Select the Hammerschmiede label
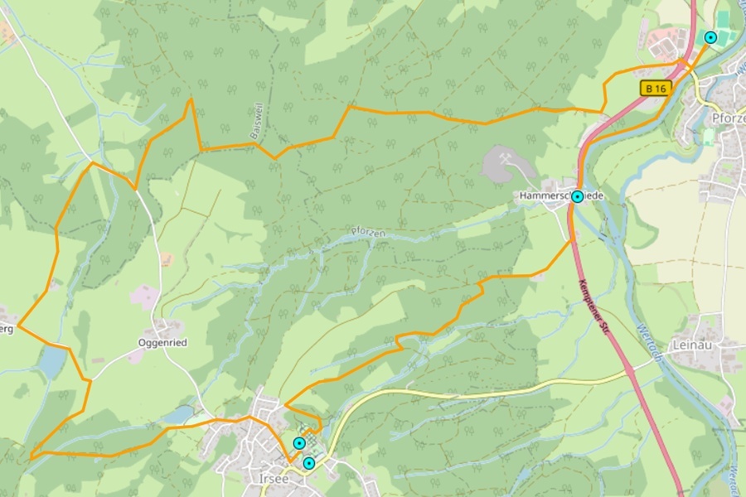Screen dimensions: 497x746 [561, 195]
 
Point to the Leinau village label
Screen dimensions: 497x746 [694, 344]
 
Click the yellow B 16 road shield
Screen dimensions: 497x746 [655, 88]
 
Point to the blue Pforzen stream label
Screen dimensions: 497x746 [368, 234]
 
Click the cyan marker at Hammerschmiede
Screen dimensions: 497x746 [577, 197]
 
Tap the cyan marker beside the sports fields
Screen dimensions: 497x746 [710, 37]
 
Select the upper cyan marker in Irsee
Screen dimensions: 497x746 [299, 444]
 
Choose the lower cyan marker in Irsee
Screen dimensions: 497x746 [308, 463]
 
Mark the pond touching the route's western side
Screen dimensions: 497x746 [52, 361]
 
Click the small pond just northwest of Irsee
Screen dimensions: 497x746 [178, 413]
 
